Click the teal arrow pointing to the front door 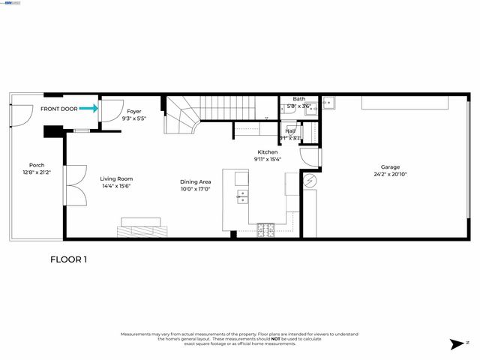tap(88, 109)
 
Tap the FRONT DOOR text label tap(58, 109)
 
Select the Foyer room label tap(133, 111)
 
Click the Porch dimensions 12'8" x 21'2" tap(36, 172)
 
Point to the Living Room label tap(116, 178)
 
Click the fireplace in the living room tap(142, 227)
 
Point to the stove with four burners tap(266, 229)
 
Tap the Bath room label tap(298, 99)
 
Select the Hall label tap(289, 130)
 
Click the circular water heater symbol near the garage tap(310, 180)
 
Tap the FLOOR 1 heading tap(69, 259)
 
